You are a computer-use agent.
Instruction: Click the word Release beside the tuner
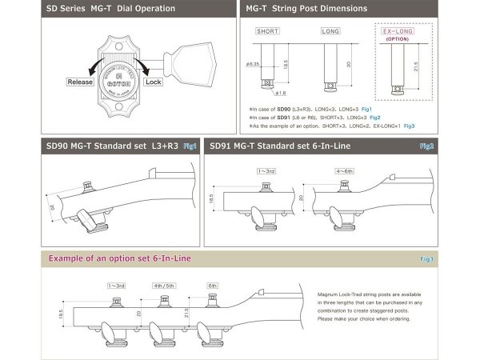tap(81, 82)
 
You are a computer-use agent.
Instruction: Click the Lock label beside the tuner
tap(154, 82)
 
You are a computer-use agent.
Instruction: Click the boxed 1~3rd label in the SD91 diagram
tap(266, 170)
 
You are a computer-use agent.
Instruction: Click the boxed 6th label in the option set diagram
tap(212, 285)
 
